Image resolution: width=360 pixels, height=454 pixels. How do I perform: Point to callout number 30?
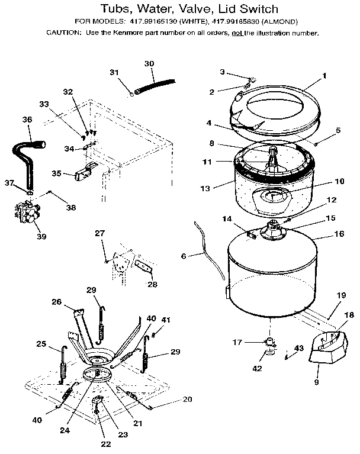[x=149, y=63]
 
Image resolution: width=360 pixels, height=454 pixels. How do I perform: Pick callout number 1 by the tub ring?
[x=324, y=76]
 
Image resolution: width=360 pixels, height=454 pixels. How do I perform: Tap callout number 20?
[x=187, y=400]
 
